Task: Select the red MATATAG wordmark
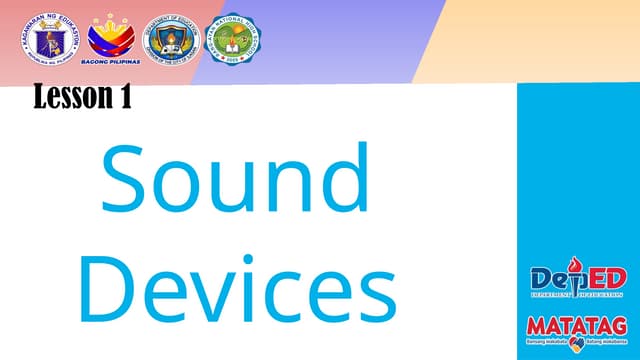pyautogui.click(x=577, y=328)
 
